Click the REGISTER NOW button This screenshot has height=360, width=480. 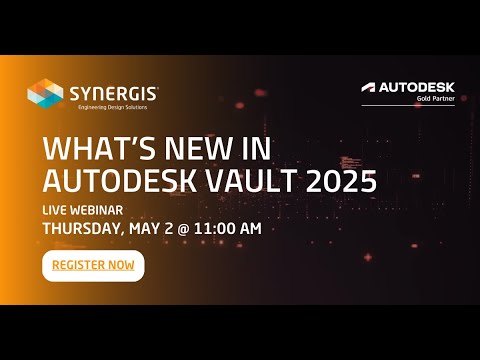[93, 266]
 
